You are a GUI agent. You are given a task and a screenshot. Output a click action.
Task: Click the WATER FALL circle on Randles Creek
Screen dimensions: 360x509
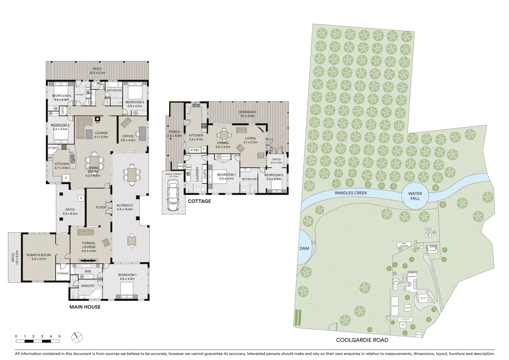(415, 196)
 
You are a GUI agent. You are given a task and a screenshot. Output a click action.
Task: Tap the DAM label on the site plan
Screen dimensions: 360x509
(304, 248)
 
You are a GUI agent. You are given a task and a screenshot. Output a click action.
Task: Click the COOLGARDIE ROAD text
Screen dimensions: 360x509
(362, 340)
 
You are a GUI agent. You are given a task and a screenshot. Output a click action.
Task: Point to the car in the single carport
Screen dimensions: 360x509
(173, 196)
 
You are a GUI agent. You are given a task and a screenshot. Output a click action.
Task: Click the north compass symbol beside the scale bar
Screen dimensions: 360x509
(77, 337)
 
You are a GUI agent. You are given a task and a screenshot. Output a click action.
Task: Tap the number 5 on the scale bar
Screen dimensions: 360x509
(59, 336)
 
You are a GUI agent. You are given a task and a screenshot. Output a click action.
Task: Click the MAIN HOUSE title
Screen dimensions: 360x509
(85, 307)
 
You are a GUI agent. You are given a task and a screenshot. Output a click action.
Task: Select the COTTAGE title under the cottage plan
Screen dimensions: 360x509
(199, 201)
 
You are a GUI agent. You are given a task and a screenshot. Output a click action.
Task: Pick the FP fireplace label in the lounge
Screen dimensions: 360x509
(97, 123)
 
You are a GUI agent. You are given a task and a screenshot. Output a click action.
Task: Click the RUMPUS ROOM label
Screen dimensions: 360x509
(39, 255)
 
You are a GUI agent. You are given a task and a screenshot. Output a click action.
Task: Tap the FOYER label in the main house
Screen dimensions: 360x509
(100, 207)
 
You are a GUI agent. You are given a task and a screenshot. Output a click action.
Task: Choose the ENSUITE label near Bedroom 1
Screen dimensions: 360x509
(88, 286)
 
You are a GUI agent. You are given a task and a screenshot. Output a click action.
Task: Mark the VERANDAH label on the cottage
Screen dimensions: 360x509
(247, 112)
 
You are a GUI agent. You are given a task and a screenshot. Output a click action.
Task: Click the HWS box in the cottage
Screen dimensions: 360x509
(180, 166)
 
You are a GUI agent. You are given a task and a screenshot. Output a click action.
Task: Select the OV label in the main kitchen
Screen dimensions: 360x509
(50, 158)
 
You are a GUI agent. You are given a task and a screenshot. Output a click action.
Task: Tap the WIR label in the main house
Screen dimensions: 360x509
(88, 272)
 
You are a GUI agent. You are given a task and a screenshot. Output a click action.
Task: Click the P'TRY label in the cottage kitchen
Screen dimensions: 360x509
(195, 150)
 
